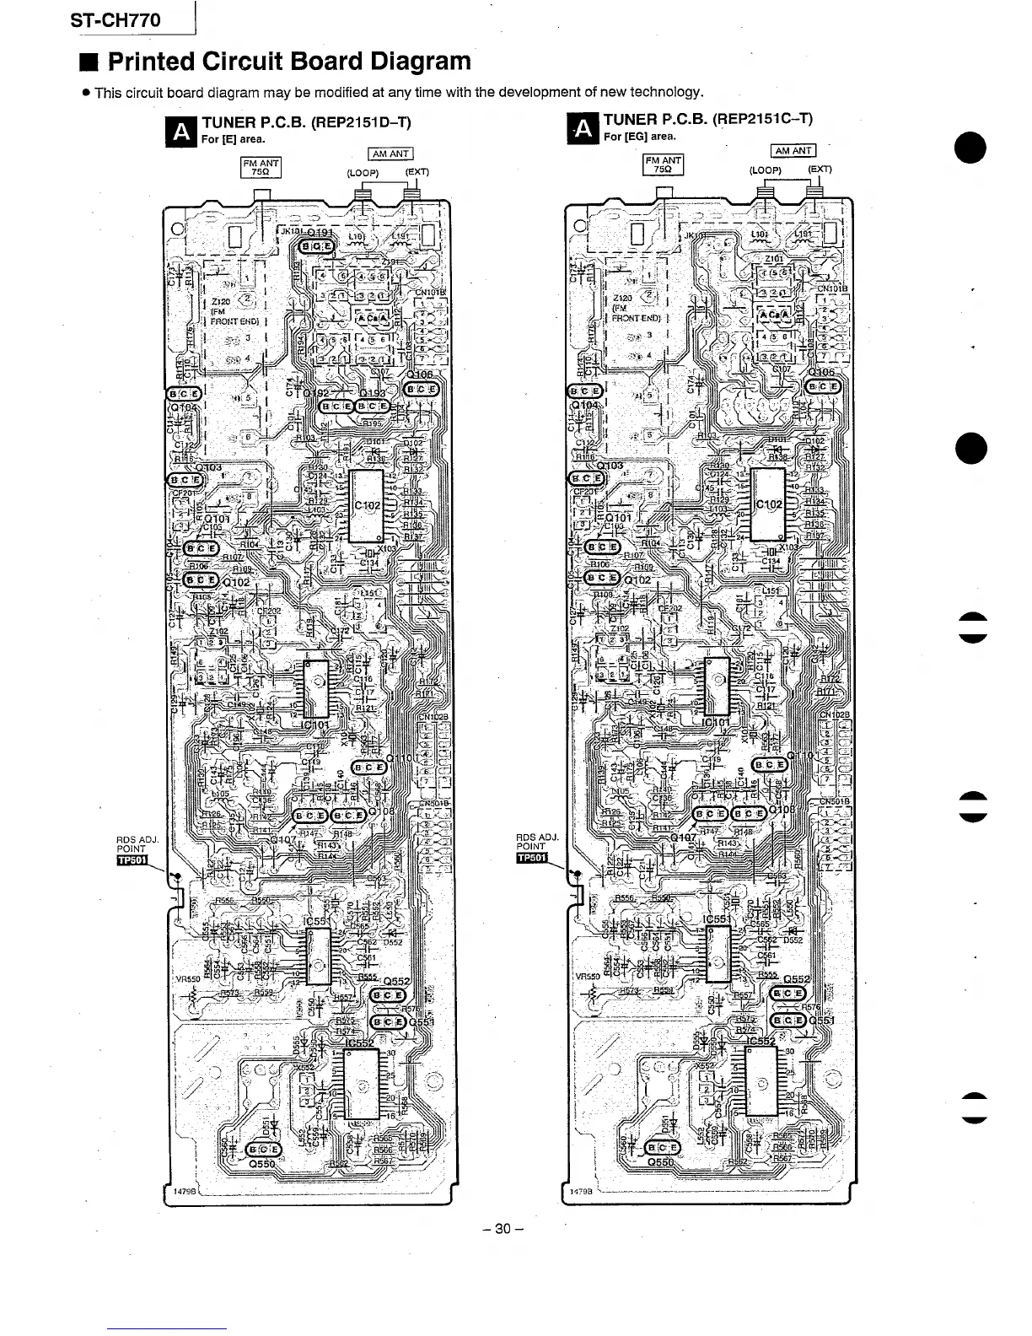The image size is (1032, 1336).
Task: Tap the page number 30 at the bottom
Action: click(x=503, y=1229)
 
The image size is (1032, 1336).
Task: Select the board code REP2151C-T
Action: click(x=763, y=119)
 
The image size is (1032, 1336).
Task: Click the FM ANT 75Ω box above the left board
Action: click(x=261, y=167)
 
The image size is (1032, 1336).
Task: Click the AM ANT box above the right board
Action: click(x=793, y=151)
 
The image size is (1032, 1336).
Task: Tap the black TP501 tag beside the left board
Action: click(x=133, y=860)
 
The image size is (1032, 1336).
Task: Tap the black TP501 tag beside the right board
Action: click(x=532, y=859)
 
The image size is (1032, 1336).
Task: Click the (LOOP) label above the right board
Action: click(x=766, y=170)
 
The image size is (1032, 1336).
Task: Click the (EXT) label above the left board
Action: click(x=417, y=173)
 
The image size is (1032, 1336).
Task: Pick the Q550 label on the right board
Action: click(x=662, y=1161)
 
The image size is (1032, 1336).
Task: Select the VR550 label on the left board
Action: click(x=186, y=979)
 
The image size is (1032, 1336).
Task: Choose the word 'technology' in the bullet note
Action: click(x=665, y=92)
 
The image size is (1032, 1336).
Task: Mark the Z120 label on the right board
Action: click(x=623, y=299)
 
